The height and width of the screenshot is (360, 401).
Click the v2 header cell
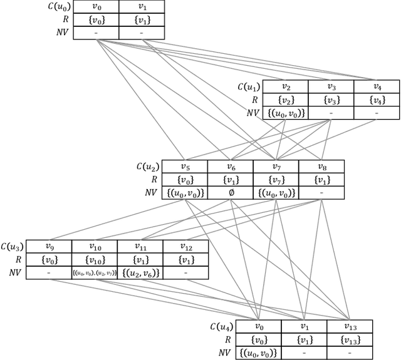coord(285,87)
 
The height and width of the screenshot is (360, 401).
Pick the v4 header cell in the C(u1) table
coord(377,87)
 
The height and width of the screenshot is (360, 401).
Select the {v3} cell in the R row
coord(331,100)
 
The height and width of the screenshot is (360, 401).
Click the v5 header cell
coord(185,167)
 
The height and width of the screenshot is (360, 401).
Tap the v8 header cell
coord(321,167)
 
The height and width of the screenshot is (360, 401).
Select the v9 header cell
coord(49,247)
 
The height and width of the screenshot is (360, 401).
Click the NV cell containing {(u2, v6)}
coord(140,272)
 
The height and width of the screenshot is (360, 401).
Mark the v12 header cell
coord(186,247)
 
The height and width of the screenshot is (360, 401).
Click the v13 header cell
coord(349,326)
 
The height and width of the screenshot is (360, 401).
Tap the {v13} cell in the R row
coord(349,339)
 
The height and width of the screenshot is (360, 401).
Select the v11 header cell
coord(140,247)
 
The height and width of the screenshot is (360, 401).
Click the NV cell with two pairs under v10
coord(95,272)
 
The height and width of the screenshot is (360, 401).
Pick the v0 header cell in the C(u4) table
coord(258,326)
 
